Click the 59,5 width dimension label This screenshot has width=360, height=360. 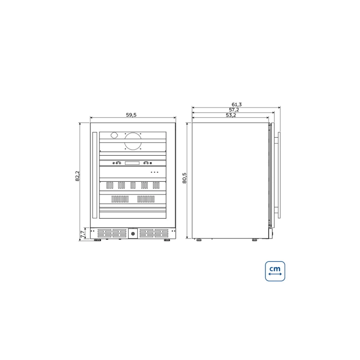tap(131, 115)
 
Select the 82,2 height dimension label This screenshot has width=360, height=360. tap(77, 176)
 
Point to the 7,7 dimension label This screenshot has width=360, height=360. tap(83, 234)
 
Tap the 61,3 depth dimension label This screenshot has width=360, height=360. tap(237, 104)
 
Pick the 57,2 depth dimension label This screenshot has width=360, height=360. tap(234, 110)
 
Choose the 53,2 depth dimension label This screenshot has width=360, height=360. tap(231, 115)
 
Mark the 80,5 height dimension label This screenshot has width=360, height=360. tap(184, 178)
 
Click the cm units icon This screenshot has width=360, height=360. tap(275, 271)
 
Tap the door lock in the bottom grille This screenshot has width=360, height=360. tap(133, 234)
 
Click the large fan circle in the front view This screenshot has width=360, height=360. tap(133, 142)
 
